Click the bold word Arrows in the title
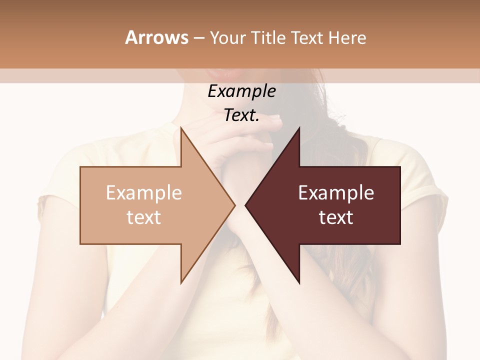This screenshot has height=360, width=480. point(156,37)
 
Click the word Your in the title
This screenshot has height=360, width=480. point(227,38)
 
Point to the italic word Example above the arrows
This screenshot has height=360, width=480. point(241,91)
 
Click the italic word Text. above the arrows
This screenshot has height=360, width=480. point(241,115)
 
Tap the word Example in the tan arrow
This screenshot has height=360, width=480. point(144,193)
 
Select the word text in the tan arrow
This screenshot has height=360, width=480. point(144,217)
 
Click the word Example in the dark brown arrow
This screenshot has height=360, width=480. point(336,193)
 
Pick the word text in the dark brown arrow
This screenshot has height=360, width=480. point(336,217)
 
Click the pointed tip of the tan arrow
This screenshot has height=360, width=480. point(234,205)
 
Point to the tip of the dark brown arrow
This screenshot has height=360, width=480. point(245,205)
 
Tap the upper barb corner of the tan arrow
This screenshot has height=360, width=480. point(181,128)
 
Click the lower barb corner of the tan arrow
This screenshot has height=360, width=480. point(181,282)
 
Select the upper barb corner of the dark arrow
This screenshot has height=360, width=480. point(299,128)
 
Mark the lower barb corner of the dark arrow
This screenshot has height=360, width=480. point(299,282)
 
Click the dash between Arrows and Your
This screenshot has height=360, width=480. point(198,38)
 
